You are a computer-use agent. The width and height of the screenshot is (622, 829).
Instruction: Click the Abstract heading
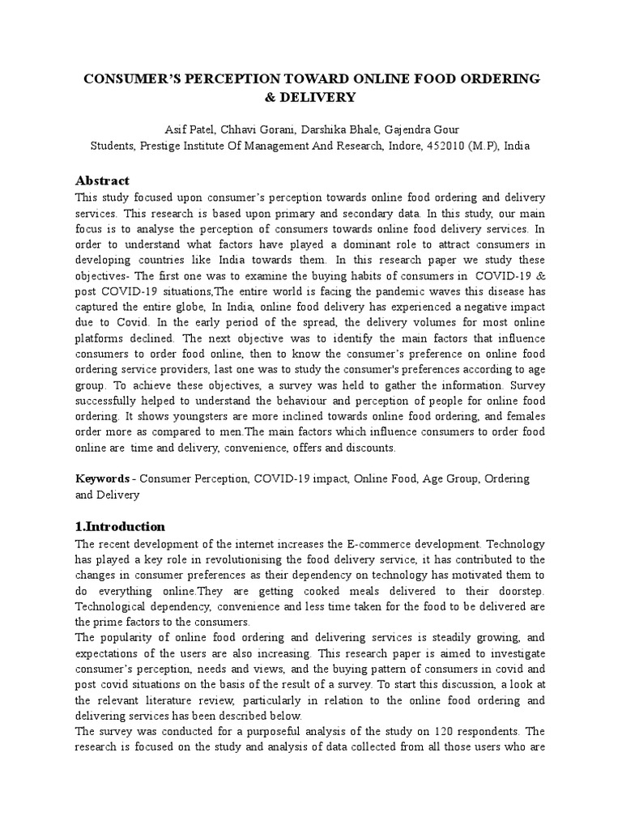tap(102, 180)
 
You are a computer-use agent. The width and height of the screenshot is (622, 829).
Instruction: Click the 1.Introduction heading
tap(120, 526)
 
